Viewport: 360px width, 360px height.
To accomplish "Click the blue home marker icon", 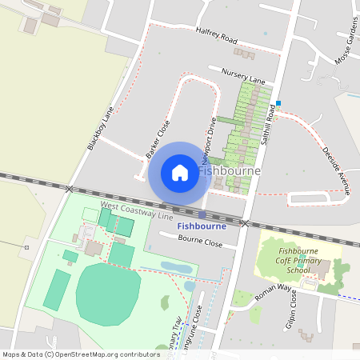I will click(x=179, y=173).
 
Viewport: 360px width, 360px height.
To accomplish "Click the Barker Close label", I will click(x=158, y=138).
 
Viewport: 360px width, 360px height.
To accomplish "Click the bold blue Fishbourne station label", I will click(x=201, y=226).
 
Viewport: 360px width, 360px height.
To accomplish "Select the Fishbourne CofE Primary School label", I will click(x=299, y=261).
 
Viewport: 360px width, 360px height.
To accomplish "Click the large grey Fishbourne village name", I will click(x=227, y=171).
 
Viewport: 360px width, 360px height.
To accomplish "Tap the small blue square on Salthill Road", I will click(x=278, y=102).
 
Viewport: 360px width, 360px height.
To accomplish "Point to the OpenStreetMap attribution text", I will click(x=81, y=354).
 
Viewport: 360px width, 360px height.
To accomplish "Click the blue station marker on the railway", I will click(x=202, y=214).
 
